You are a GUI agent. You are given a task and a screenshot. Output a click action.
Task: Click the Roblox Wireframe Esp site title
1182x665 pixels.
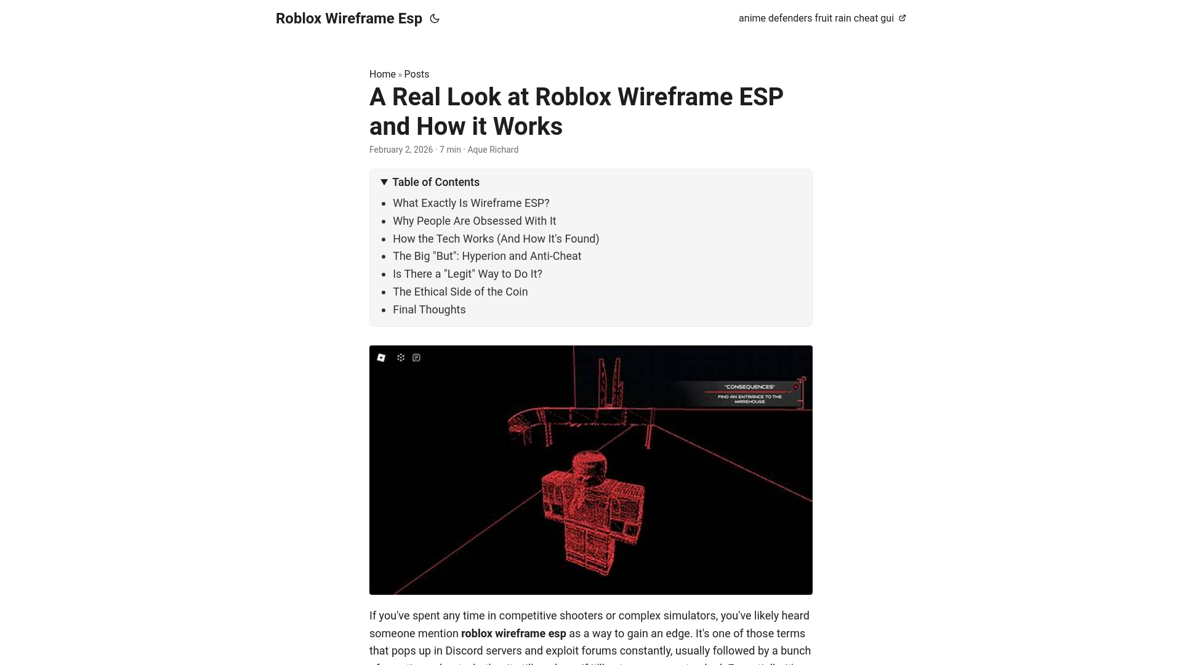(x=348, y=18)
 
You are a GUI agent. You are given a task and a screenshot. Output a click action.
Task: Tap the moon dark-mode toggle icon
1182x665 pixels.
(x=435, y=18)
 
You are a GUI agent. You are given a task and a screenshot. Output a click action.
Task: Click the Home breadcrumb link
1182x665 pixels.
(x=382, y=74)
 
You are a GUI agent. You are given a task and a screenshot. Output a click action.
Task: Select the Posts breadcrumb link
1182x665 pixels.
(x=417, y=74)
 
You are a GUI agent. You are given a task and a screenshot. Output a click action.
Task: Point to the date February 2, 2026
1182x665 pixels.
(x=401, y=150)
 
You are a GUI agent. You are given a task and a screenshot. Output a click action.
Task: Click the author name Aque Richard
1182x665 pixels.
(x=492, y=150)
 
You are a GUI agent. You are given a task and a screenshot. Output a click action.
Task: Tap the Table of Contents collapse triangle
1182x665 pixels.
(x=384, y=182)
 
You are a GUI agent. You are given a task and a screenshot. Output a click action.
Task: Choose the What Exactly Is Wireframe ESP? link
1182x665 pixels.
(x=471, y=203)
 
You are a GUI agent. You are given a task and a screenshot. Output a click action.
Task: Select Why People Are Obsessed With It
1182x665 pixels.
(x=474, y=221)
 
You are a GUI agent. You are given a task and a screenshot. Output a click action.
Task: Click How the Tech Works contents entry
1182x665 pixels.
(x=496, y=239)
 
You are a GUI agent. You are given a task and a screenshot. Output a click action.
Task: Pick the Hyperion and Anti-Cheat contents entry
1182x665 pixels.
(x=486, y=256)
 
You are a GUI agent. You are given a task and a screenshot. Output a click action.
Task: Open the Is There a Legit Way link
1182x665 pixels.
(x=467, y=274)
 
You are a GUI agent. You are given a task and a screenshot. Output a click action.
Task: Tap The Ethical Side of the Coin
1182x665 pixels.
(x=460, y=292)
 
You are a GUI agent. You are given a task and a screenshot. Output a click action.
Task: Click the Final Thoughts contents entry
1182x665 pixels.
(x=429, y=310)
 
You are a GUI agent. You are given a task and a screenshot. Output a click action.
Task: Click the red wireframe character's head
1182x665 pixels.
(x=590, y=465)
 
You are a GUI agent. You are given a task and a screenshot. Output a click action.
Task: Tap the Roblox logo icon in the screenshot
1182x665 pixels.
(x=381, y=358)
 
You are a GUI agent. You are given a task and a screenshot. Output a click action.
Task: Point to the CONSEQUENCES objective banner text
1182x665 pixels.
(x=749, y=387)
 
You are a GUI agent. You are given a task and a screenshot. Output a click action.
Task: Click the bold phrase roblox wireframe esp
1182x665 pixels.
(x=513, y=634)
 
